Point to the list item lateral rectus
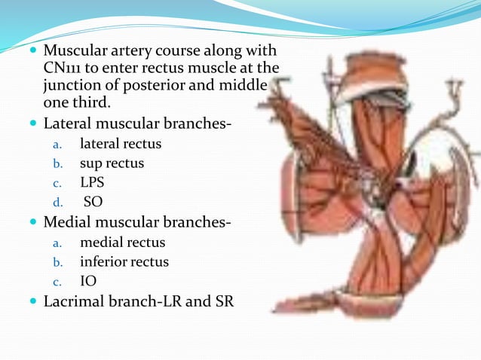121,143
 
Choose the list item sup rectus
112,163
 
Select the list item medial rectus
122,243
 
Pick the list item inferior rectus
124,262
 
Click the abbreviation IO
88,282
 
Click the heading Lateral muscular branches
136,122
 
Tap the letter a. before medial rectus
55,243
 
